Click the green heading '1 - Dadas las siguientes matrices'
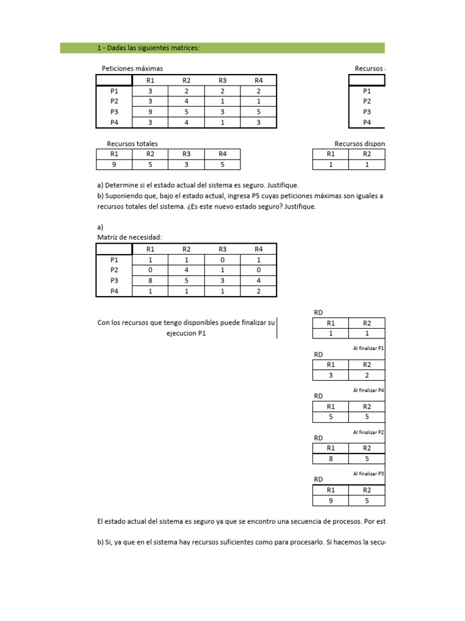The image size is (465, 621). pos(148,48)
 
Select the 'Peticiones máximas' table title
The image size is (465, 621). pos(132,69)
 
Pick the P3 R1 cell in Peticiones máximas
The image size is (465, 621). pos(150,112)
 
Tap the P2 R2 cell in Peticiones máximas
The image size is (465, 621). pos(186,101)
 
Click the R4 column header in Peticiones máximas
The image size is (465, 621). pos(259,80)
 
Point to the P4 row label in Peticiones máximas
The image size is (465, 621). pos(114,123)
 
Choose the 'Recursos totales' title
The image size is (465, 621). pos(132,144)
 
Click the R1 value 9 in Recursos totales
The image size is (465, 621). pos(114,164)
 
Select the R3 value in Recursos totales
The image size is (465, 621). pos(186,164)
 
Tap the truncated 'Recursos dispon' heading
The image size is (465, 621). pos(360,144)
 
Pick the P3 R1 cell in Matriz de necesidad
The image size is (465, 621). pos(150,280)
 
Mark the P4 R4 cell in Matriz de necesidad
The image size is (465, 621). pos(259,291)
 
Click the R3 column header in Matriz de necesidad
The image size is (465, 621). pos(222,249)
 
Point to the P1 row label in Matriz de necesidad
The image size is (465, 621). pos(114,259)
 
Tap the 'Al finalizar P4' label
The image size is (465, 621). pos(368,390)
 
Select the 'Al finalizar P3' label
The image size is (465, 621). pos(368,473)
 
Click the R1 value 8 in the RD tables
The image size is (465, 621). pos(331,459)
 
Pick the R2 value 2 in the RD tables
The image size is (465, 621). pos(368,375)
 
